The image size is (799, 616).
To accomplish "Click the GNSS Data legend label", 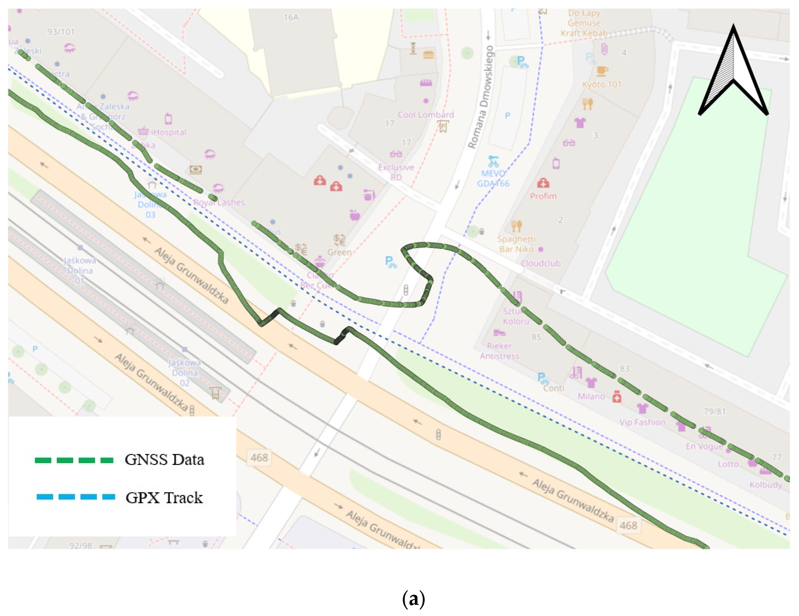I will click(x=164, y=459).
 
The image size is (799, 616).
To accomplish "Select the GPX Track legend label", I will click(x=164, y=497).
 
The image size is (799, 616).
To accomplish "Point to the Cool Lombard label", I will click(x=425, y=115).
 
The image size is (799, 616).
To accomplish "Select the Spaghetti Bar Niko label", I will click(x=516, y=244).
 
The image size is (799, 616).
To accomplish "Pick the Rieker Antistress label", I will click(x=499, y=351).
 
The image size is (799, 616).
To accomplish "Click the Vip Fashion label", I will click(x=642, y=422).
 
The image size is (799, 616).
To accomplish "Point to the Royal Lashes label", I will click(x=219, y=203).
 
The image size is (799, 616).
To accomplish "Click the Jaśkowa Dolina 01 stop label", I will click(x=80, y=271).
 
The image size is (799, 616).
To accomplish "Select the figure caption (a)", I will click(x=413, y=599).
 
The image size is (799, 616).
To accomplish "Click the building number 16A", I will click(x=291, y=18).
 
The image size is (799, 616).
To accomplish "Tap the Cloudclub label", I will click(x=540, y=263).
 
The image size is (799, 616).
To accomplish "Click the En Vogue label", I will click(x=704, y=446).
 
